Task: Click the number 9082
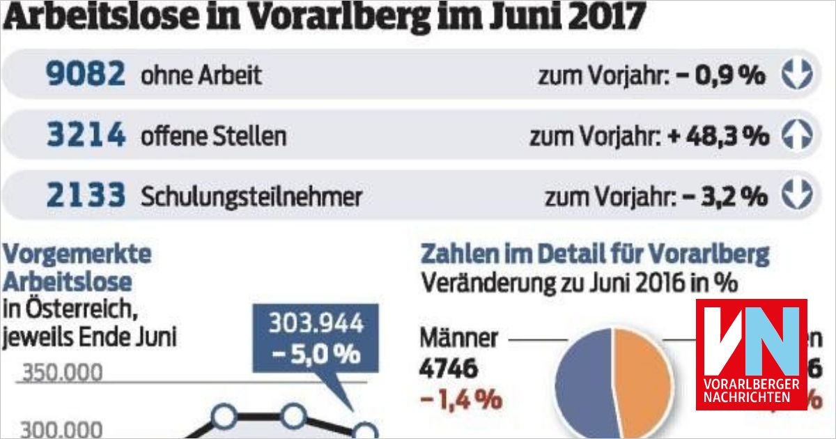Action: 86,75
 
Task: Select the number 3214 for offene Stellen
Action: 86,135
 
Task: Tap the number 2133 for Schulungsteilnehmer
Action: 86,197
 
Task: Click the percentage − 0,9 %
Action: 720,75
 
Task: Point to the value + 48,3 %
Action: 721,136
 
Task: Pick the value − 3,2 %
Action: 722,197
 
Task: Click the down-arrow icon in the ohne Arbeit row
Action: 796,75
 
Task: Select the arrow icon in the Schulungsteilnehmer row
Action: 796,197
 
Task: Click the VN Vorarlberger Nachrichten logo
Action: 752,355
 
